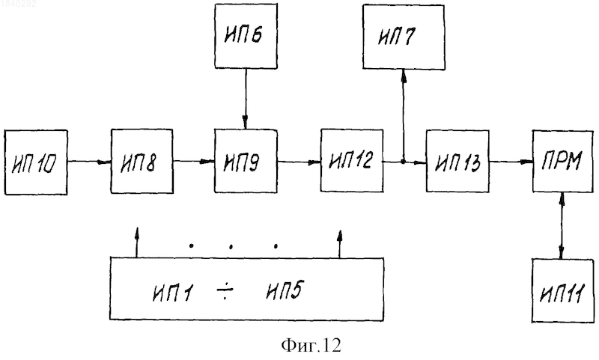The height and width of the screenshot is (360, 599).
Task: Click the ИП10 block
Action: point(36,162)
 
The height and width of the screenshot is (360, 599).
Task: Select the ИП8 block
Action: point(142,161)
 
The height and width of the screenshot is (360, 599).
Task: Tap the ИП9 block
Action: point(246,161)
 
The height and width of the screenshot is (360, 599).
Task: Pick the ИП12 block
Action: point(352,160)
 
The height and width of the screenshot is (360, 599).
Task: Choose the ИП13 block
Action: point(457,161)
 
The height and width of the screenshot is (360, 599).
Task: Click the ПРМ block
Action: point(563,161)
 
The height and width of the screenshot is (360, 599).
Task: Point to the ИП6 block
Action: point(246,36)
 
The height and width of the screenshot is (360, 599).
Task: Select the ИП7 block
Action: point(404,37)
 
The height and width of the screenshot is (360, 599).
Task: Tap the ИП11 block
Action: point(563,290)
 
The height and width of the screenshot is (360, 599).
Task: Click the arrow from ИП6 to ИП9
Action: point(246,99)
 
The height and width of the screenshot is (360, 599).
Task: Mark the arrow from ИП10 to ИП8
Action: point(89,162)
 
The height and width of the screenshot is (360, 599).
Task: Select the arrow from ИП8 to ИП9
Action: point(194,162)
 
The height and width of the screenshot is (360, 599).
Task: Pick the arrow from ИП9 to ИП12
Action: point(299,162)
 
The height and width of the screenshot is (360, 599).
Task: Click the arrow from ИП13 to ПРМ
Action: point(511,162)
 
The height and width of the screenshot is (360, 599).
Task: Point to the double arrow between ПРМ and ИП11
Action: point(561,225)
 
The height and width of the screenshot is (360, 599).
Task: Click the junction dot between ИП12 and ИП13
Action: point(403,162)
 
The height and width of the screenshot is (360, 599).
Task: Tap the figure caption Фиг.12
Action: point(311,345)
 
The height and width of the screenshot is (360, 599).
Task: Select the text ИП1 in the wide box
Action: point(173,293)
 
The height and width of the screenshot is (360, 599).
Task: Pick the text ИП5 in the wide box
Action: point(285,290)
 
